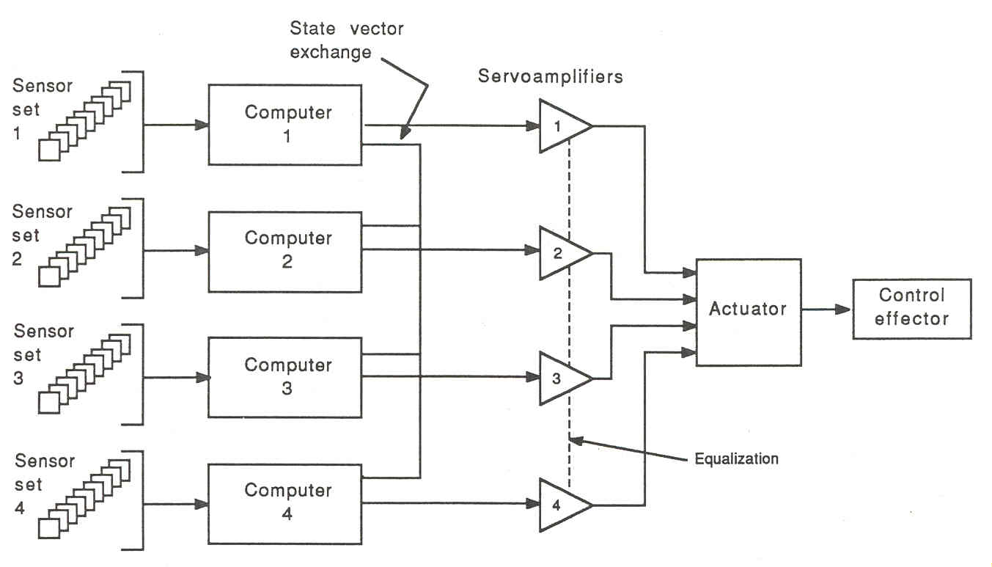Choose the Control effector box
[911, 308]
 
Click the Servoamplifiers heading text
[550, 76]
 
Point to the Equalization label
[736, 459]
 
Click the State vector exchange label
[346, 40]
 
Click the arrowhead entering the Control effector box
[845, 309]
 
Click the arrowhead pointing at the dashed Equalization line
[576, 441]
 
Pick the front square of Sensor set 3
[48, 402]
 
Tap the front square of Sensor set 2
[48, 277]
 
